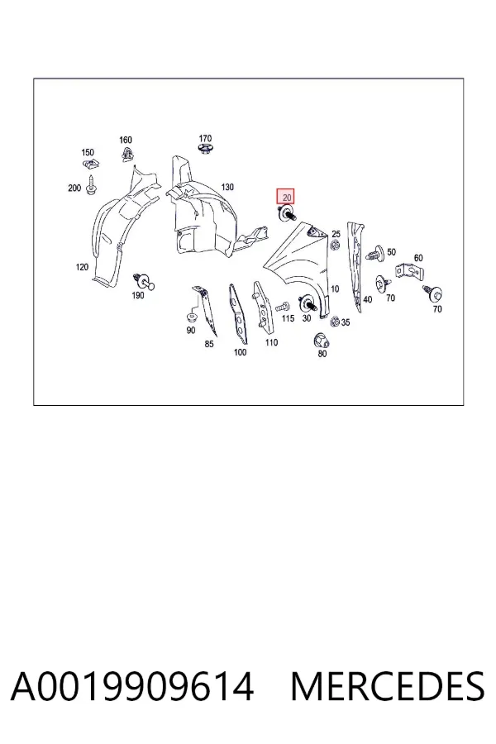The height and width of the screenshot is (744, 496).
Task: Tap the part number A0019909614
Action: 132,687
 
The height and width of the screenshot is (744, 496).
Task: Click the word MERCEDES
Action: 388,687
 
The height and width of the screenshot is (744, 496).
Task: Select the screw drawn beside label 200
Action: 91,185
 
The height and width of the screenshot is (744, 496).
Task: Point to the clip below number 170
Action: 204,150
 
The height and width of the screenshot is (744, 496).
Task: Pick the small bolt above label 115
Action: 283,306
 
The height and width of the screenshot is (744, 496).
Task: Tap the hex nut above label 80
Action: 322,341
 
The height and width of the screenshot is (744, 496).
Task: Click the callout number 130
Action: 227,187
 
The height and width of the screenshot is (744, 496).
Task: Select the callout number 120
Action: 82,267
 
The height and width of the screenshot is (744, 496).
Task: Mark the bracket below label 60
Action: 409,272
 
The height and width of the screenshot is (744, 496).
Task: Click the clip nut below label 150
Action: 90,165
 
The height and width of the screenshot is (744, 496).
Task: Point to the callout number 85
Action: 209,344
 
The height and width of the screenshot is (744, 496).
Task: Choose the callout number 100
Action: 241,352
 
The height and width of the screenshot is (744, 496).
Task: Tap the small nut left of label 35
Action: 335,322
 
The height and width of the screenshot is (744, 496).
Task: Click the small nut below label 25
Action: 335,246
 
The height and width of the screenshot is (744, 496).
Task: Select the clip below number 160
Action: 126,155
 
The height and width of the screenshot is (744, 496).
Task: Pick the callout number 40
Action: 367,299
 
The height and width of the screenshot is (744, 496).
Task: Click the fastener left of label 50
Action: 375,254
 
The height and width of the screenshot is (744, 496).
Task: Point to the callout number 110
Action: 271,342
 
